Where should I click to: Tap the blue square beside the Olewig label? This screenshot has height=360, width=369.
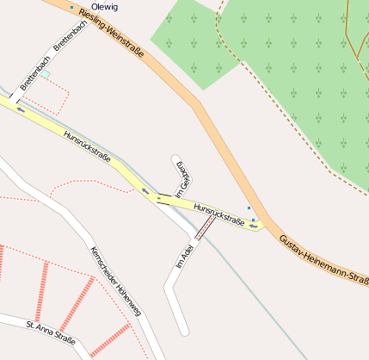(x=71, y=7)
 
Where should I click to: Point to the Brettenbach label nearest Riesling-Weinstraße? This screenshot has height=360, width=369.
(x=71, y=35)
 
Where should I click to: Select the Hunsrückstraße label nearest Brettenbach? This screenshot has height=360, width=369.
(x=87, y=145)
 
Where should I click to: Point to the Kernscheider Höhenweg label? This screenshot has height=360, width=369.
(x=117, y=289)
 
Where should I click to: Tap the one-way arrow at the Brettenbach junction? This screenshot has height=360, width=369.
(x=21, y=109)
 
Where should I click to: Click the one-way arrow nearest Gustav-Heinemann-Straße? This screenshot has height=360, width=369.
(x=254, y=227)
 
